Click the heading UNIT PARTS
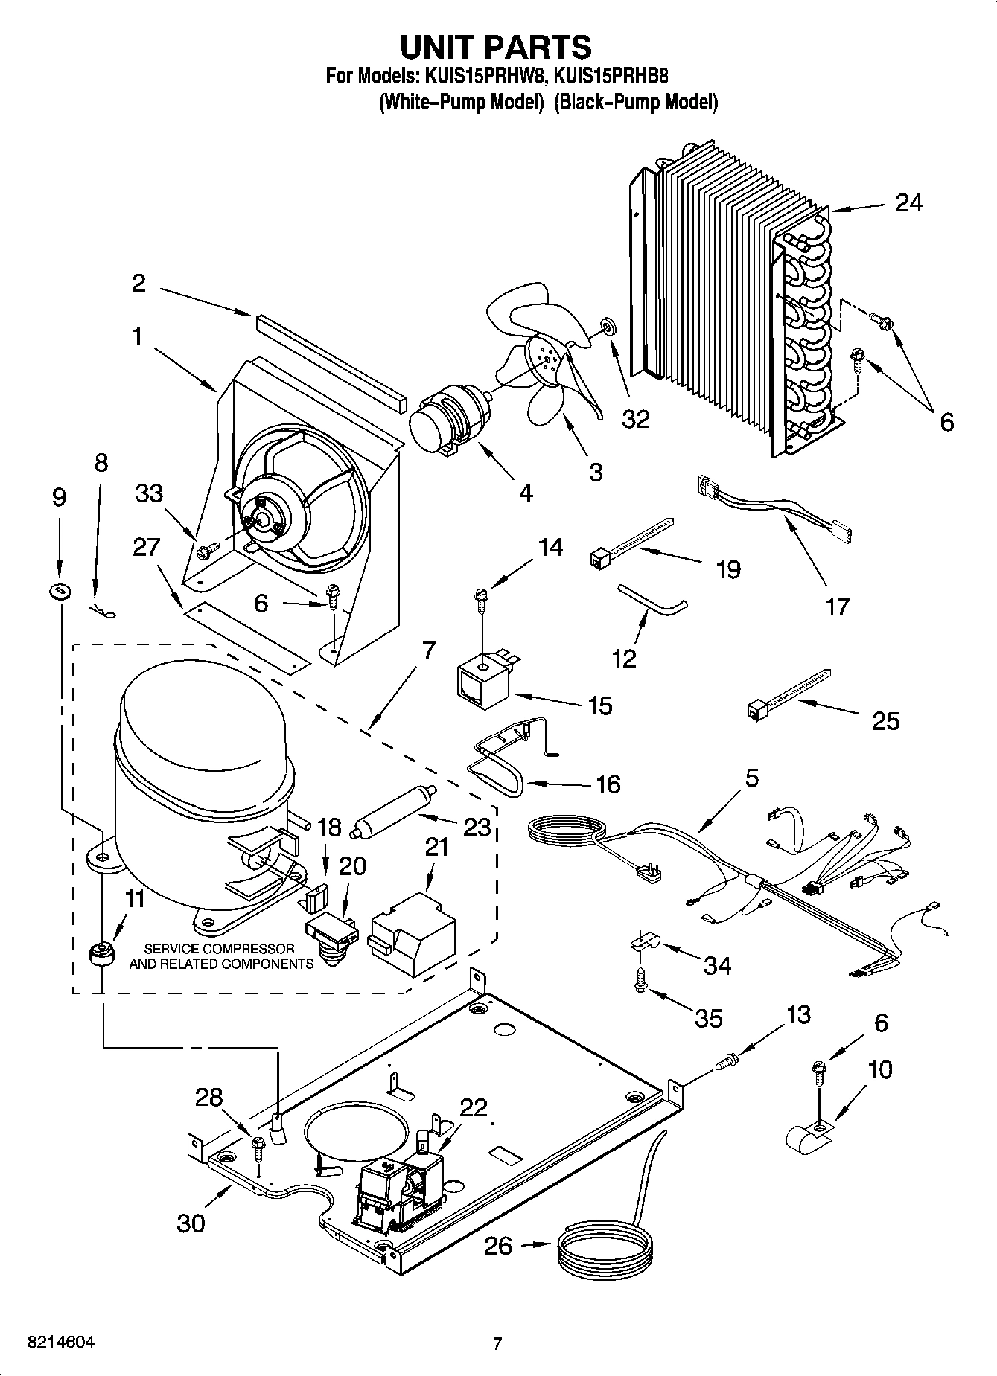pyautogui.click(x=496, y=46)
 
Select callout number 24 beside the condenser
pyautogui.click(x=909, y=202)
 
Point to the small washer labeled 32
pyautogui.click(x=607, y=325)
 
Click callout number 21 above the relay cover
pyautogui.click(x=436, y=846)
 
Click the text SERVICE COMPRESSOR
pyautogui.click(x=219, y=949)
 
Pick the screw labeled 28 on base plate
pyautogui.click(x=258, y=1146)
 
